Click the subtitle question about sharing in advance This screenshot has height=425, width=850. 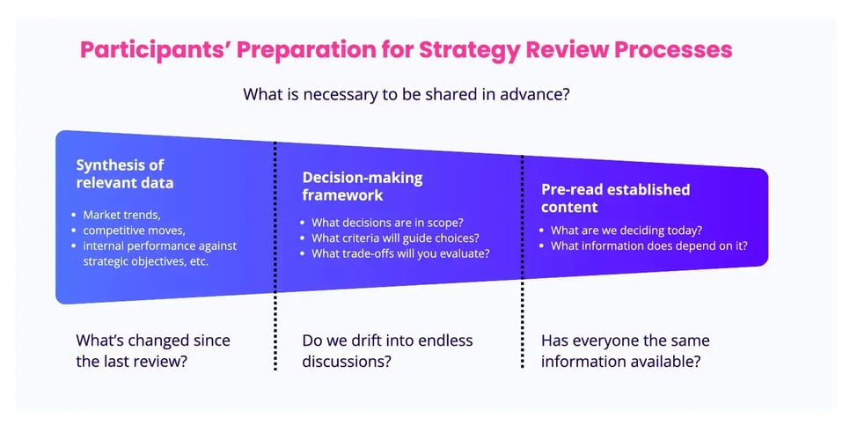tap(407, 94)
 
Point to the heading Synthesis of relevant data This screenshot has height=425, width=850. tap(124, 174)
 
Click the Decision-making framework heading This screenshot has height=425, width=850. tap(363, 186)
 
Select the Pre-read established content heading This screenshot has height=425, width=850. tap(615, 198)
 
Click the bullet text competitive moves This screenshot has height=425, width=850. tap(135, 230)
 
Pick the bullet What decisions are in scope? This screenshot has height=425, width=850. tap(388, 222)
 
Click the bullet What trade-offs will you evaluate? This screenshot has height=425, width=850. tap(401, 253)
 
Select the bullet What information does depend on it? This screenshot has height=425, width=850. tap(648, 245)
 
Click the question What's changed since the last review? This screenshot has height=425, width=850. tap(153, 351)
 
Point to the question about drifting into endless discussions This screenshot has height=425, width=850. tap(387, 351)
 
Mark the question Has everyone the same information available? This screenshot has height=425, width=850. tap(626, 351)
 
